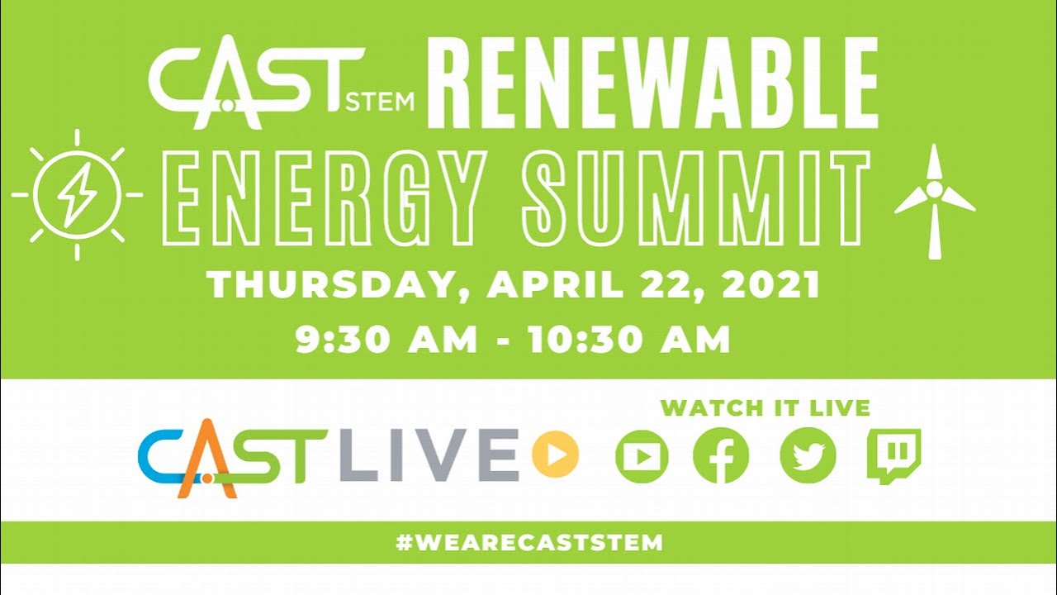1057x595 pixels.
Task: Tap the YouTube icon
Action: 642,456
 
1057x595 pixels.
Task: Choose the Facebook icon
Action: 721,456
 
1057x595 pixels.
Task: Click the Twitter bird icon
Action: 808,456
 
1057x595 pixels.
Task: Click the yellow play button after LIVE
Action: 555,455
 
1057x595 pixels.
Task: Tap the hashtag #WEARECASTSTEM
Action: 528,543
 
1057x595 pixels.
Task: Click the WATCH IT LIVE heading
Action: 765,407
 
